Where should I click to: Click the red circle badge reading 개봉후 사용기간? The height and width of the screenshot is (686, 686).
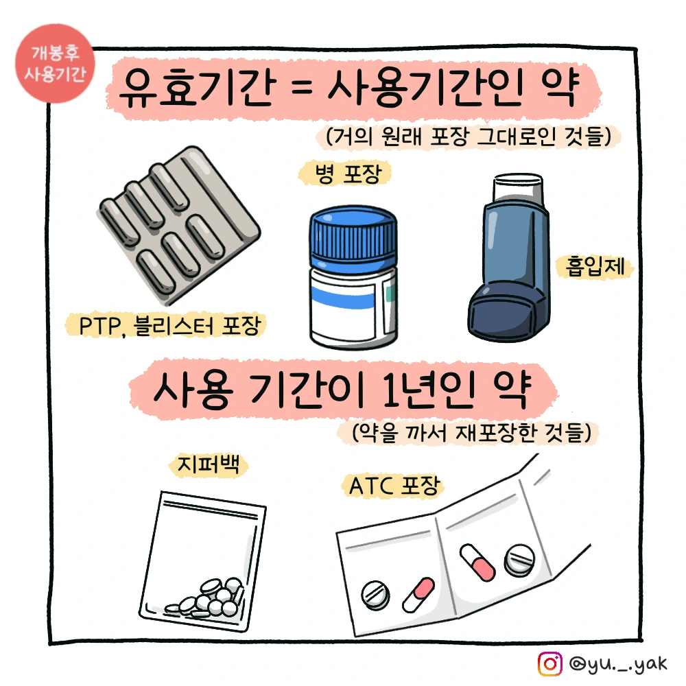tap(55, 63)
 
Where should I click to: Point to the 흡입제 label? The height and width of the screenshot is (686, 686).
tap(595, 266)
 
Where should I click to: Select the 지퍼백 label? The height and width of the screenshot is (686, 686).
tap(209, 464)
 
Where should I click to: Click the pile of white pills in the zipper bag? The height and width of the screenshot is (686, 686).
tap(206, 598)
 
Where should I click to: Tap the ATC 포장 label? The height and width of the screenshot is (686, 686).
tap(394, 486)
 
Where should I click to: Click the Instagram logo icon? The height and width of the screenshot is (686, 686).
tap(549, 663)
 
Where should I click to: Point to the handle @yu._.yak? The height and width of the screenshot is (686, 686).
tap(618, 664)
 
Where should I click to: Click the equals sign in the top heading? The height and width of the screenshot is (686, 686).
tap(303, 86)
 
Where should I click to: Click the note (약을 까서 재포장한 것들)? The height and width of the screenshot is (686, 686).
tap(472, 433)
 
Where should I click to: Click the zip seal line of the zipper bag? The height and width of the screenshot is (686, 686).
tap(209, 510)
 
